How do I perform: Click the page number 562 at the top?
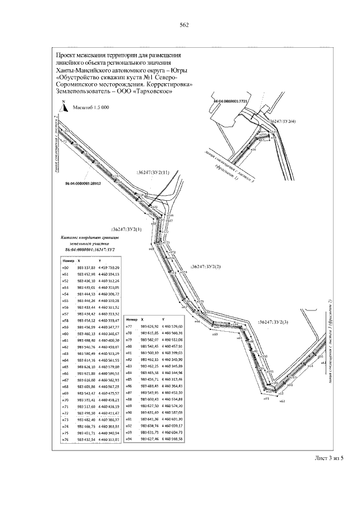183,25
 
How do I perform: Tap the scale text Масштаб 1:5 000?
89,107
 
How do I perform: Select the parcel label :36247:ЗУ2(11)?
152,172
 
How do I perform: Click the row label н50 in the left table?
65,268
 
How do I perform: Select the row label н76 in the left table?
65,439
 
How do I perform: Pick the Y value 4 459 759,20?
109,268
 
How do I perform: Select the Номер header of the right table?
132,318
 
